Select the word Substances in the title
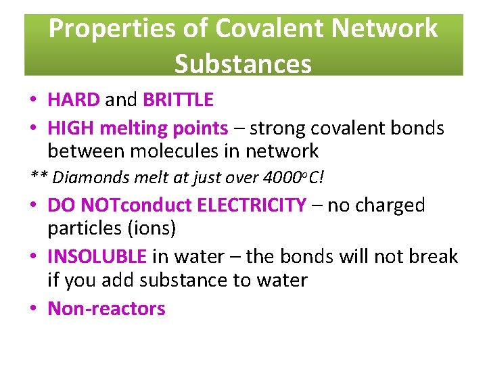(243, 64)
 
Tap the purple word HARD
(73, 100)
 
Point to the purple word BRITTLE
(178, 100)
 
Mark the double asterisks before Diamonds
(39, 178)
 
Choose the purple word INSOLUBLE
(97, 256)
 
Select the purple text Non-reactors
(106, 308)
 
